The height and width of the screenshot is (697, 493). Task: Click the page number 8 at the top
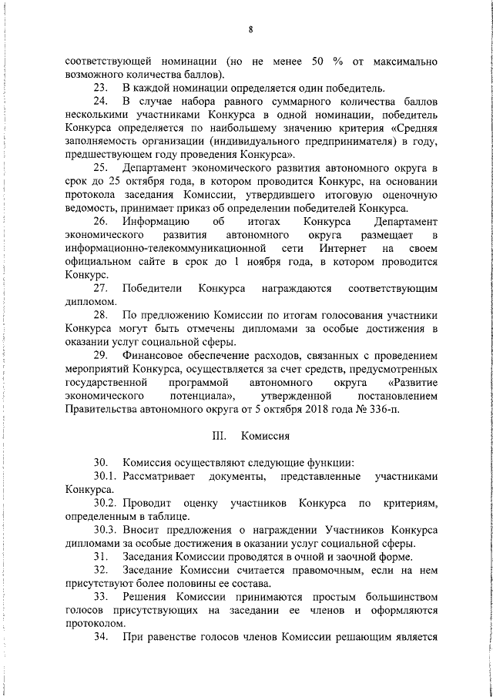[251, 30]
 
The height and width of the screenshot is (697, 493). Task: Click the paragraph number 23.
[99, 88]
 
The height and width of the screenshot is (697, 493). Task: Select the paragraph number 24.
[99, 102]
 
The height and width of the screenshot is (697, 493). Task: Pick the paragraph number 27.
[99, 288]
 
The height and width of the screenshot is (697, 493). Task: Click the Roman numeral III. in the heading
[218, 435]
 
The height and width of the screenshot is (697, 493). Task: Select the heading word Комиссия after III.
[265, 435]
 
